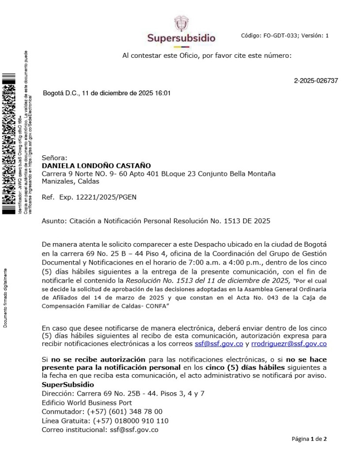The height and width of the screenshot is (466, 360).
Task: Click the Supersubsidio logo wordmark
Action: click(x=181, y=38)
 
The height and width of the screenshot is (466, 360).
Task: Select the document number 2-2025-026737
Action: click(x=316, y=81)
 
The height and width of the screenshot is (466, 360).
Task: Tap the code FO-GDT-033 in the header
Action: click(x=278, y=35)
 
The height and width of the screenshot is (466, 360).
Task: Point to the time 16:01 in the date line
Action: click(x=162, y=93)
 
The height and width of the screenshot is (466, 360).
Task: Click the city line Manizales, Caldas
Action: click(x=70, y=182)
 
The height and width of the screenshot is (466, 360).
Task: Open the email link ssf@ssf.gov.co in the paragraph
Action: click(x=218, y=344)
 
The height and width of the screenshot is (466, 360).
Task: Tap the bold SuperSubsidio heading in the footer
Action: click(x=68, y=384)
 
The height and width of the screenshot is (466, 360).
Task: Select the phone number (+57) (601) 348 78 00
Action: click(x=125, y=411)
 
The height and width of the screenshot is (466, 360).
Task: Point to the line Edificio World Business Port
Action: click(x=87, y=402)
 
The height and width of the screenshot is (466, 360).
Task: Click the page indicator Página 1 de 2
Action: click(x=309, y=439)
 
